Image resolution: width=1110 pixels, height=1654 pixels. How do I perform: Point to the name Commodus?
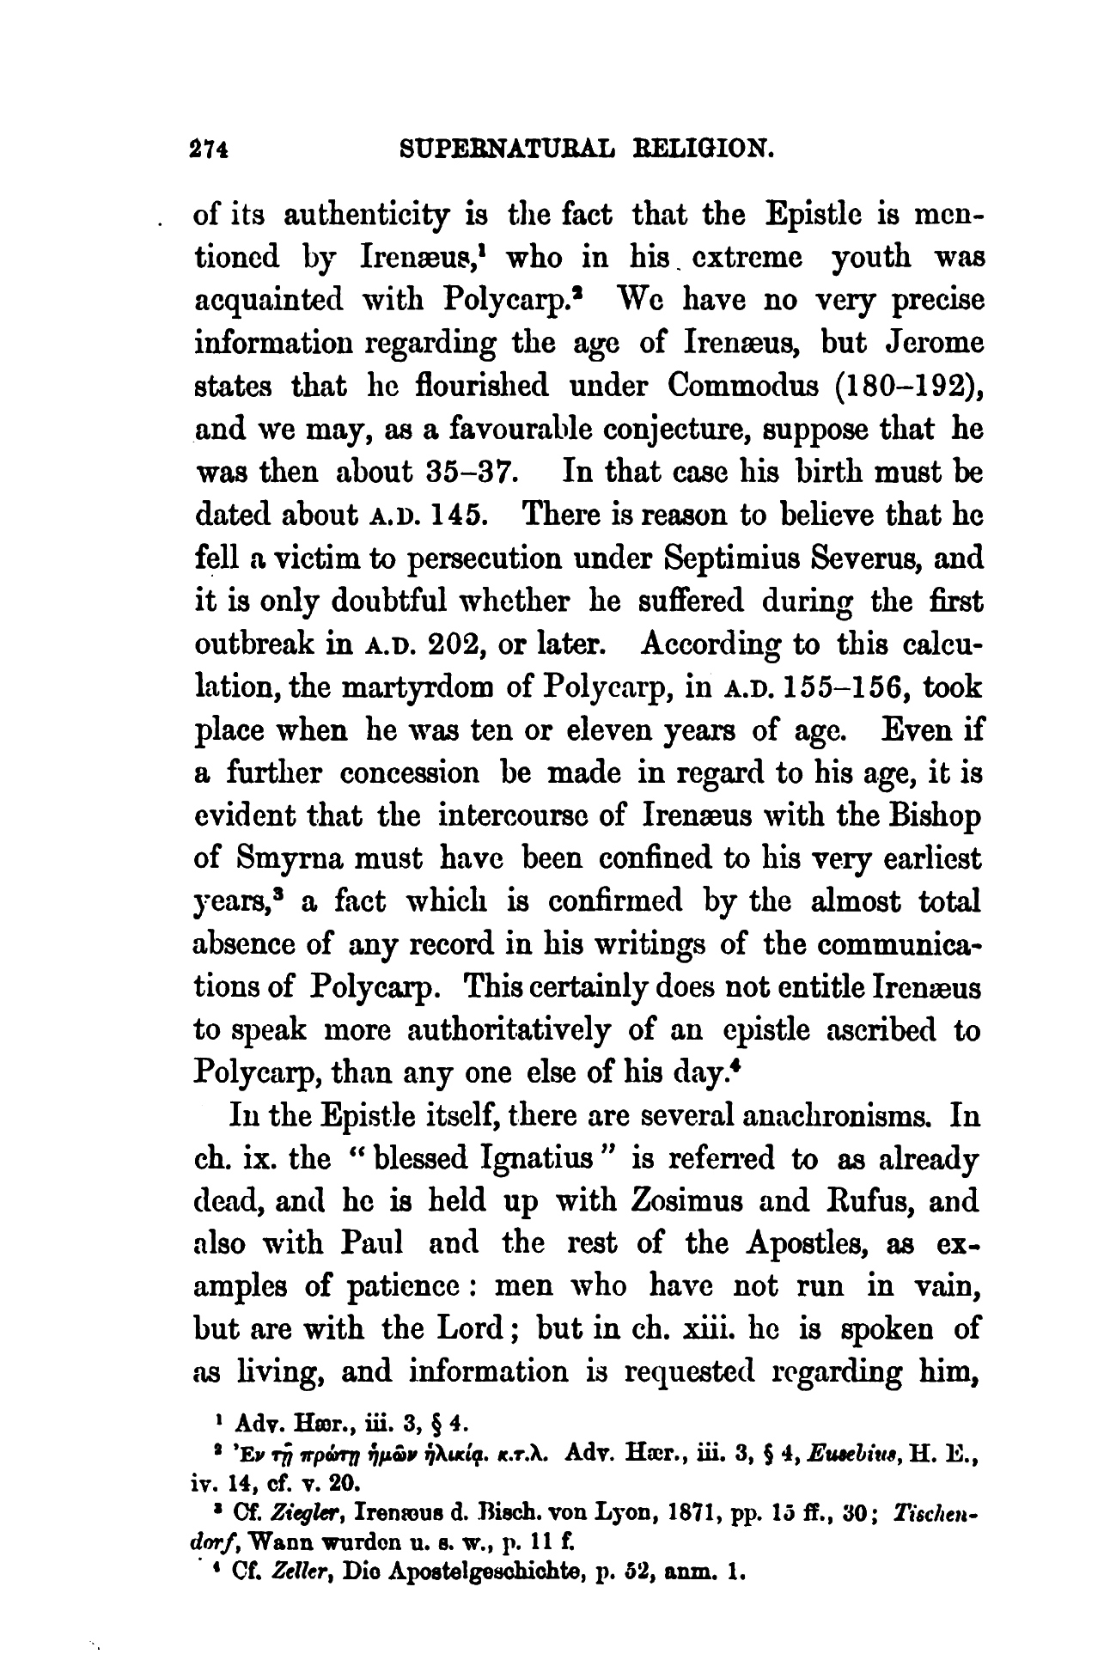click(x=739, y=386)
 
